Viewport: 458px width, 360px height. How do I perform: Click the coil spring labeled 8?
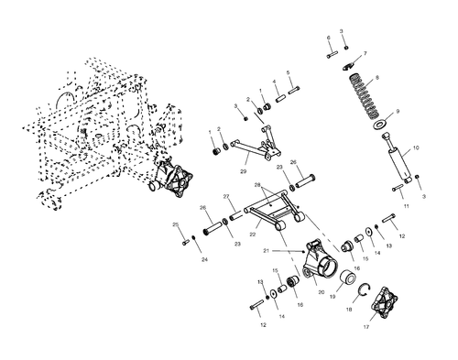(365, 95)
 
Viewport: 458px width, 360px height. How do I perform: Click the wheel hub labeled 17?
(385, 300)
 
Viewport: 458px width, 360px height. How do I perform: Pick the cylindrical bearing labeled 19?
(348, 278)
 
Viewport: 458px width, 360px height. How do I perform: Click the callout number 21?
(267, 251)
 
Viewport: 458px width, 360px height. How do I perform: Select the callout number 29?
(243, 171)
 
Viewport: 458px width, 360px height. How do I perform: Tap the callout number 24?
(204, 259)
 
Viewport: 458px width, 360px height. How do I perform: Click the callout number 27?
(226, 197)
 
